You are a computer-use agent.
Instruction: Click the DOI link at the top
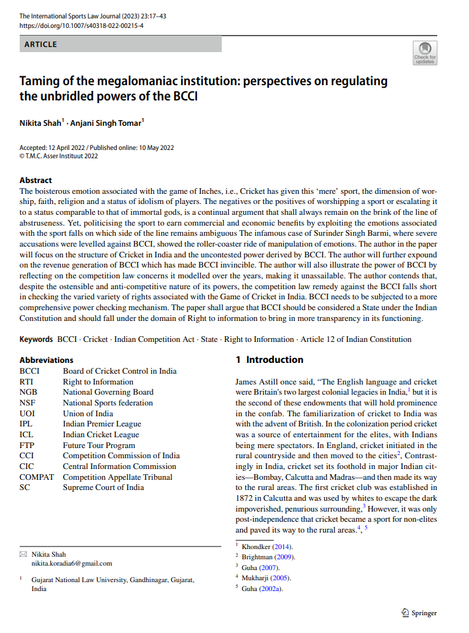(81, 26)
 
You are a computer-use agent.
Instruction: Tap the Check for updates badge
(425, 53)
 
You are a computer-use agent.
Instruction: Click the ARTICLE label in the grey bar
(41, 44)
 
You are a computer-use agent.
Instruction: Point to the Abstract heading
(36, 180)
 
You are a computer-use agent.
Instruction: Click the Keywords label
(36, 339)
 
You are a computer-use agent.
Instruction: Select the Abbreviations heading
(46, 360)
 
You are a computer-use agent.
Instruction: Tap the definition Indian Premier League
(102, 424)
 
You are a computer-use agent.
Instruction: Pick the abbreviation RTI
(27, 382)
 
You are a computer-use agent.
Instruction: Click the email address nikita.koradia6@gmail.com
(72, 563)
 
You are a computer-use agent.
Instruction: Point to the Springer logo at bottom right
(419, 613)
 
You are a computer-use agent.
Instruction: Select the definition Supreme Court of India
(103, 487)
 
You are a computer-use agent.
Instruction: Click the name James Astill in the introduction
(258, 382)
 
